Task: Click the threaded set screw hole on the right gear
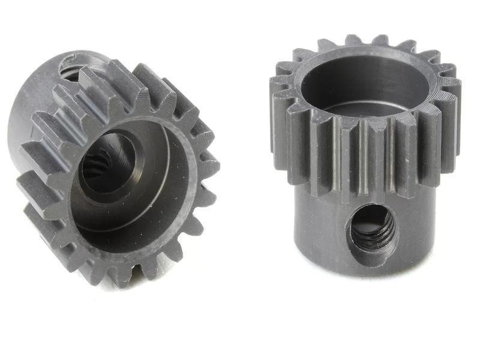[371, 227]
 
